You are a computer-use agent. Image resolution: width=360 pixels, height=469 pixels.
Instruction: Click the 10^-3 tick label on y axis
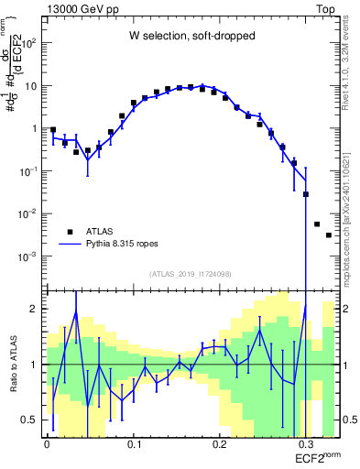[27, 256]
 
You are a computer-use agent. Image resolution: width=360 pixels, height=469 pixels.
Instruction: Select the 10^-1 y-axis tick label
[27, 171]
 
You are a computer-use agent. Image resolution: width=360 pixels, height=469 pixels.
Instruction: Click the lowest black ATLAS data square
[329, 235]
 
